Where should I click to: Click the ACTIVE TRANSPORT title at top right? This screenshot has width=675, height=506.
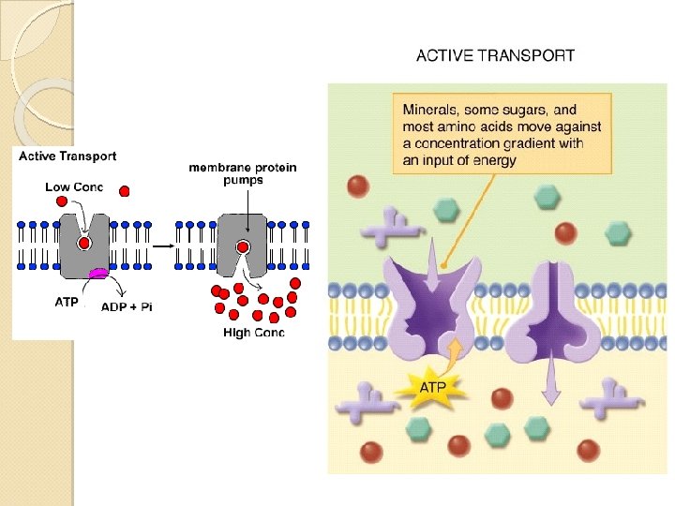tap(495, 56)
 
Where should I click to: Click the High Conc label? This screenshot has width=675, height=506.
tap(254, 332)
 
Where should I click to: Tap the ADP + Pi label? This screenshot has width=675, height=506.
tap(127, 307)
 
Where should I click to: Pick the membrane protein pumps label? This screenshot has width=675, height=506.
tap(243, 173)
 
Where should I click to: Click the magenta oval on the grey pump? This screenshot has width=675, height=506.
tap(97, 274)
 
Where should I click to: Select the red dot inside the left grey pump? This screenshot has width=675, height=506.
tap(83, 244)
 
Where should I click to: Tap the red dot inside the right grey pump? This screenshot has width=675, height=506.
tap(243, 247)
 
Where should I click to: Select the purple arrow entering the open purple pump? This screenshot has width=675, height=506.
tap(432, 261)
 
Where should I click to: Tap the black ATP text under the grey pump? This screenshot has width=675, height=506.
tap(67, 302)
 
